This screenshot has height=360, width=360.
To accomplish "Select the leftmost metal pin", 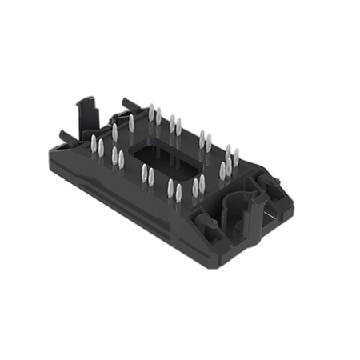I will pos(93,146).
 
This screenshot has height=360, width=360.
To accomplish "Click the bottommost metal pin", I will pos(179,194).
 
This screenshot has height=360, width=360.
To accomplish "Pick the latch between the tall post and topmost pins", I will pos(124,103).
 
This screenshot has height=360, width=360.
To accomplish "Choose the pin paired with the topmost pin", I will pos(159,118).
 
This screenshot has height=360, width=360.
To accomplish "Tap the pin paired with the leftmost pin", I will pos(102,149).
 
